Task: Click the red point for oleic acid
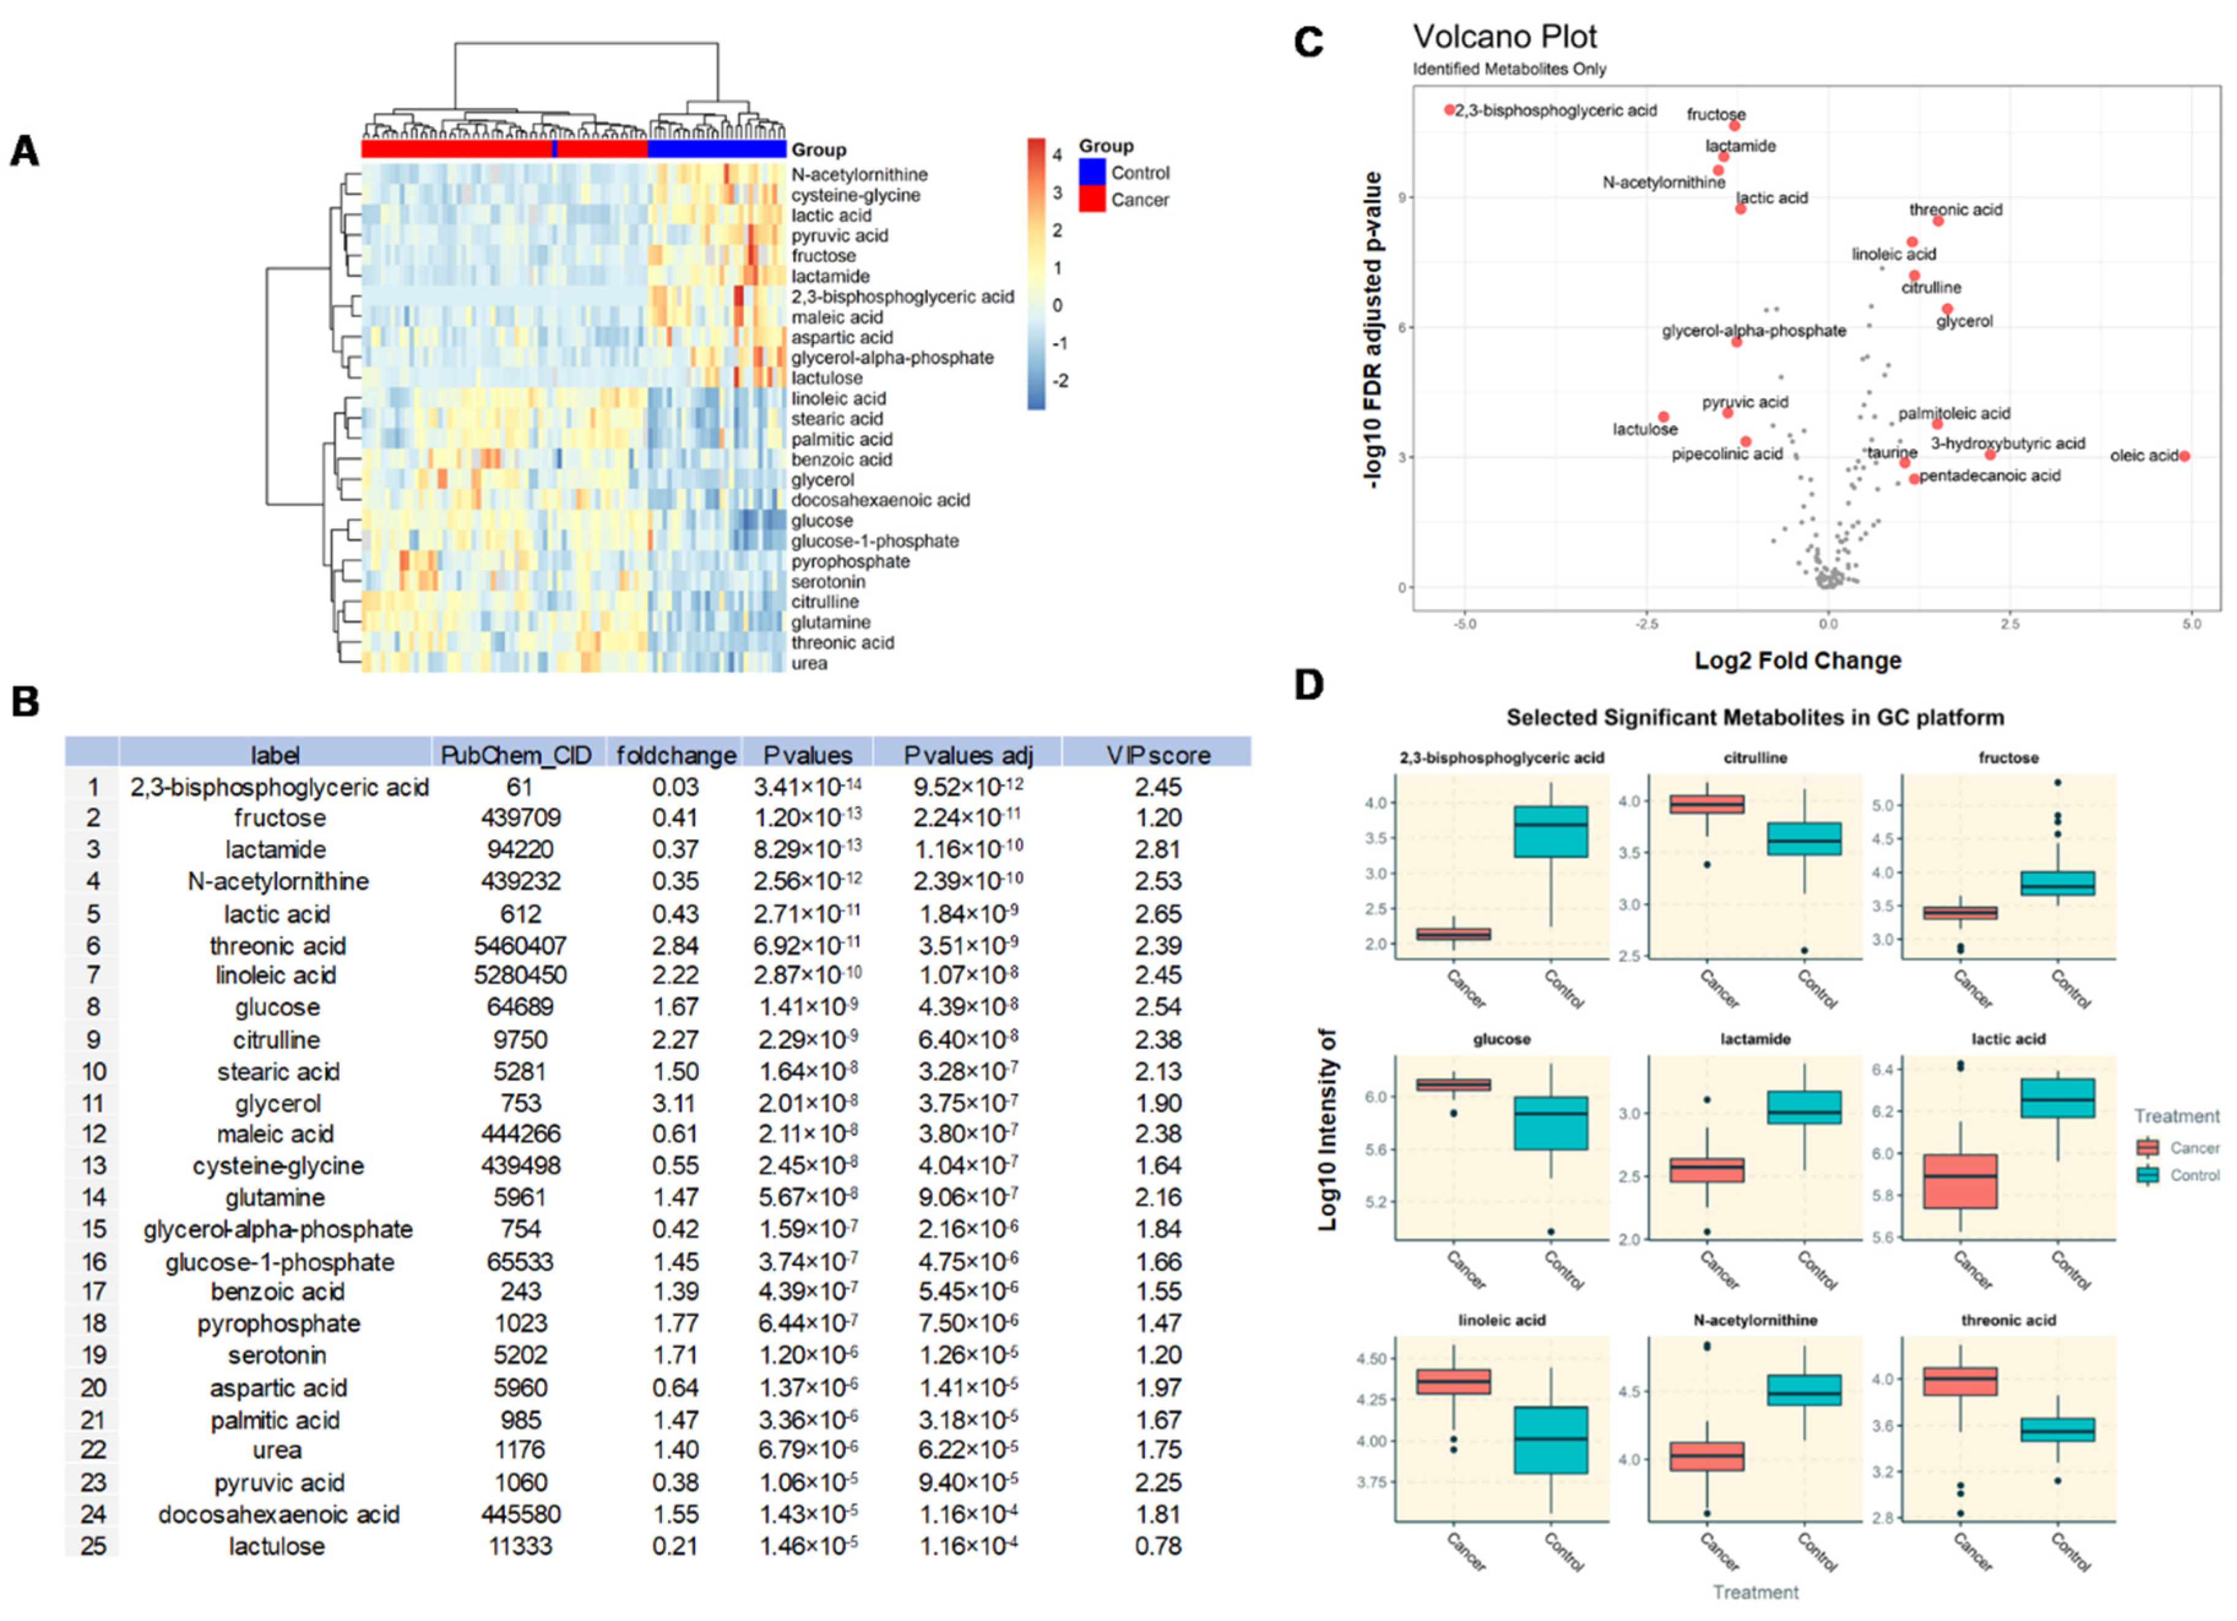coord(2185,456)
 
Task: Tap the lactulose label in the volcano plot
coord(1644,429)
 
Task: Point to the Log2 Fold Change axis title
coord(1797,660)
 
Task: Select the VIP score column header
coord(1157,755)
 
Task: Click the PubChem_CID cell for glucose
coord(520,1007)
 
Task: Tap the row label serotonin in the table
coord(277,1355)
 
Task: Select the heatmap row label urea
coord(809,663)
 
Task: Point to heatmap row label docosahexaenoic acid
coord(880,500)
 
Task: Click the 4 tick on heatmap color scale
coord(1057,155)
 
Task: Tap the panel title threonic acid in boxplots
coord(2008,1319)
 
